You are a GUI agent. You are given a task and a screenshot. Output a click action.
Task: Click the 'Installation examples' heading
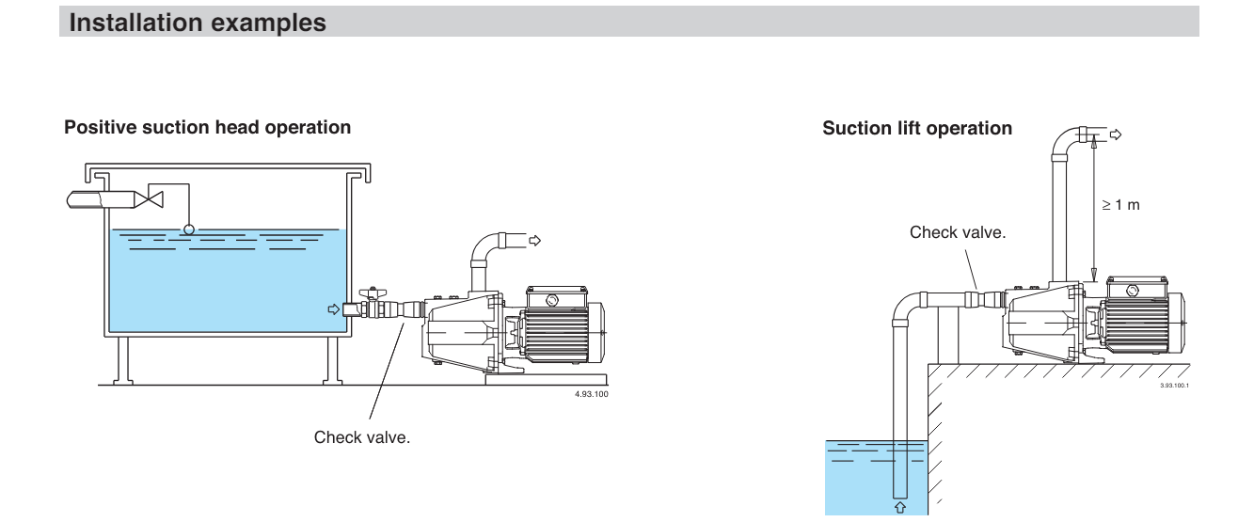point(197,23)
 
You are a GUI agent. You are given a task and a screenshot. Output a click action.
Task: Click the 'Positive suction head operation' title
point(207,128)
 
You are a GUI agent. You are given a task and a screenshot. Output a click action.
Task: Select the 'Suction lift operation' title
point(917,129)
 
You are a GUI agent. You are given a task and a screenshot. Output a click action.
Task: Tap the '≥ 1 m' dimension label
point(1120,205)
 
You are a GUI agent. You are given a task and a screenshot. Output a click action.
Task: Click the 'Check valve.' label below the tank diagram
point(361,437)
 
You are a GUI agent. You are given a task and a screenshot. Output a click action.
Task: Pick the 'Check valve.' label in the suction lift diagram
point(958,232)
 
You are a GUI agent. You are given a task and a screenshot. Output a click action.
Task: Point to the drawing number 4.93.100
point(591,394)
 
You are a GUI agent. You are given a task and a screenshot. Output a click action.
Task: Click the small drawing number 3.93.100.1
point(1174,386)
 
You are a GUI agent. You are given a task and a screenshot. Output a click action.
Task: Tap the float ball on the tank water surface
point(189,229)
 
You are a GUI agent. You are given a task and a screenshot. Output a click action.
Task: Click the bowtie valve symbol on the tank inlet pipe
point(149,199)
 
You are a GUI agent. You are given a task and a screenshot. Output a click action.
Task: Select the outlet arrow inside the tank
point(334,309)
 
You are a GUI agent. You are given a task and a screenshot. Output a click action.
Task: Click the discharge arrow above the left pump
point(534,241)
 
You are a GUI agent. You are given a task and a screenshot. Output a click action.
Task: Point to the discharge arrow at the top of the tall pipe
point(1116,134)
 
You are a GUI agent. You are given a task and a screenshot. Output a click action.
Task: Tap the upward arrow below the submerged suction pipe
point(900,507)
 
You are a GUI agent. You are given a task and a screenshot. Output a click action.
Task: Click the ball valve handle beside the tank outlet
point(373,293)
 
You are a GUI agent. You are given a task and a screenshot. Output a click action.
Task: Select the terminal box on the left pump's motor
point(557,297)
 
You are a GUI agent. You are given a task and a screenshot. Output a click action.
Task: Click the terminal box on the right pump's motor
point(1136,288)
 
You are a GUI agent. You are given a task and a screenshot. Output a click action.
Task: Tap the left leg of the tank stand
point(123,361)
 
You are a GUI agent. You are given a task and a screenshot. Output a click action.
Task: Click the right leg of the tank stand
point(332,361)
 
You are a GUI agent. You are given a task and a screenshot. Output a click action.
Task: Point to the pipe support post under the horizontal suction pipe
point(947,336)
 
